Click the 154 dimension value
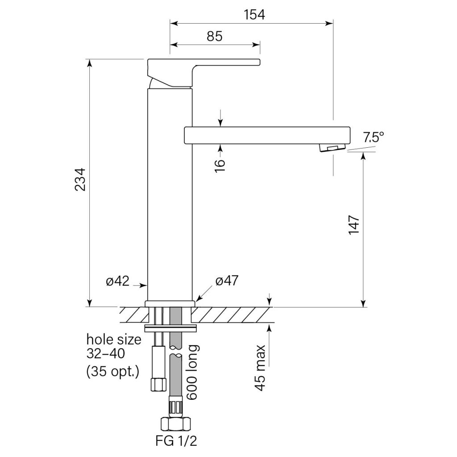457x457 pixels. click(x=254, y=14)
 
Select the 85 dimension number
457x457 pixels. click(x=215, y=36)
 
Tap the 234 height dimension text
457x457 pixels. click(x=79, y=180)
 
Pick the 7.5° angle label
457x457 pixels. click(x=373, y=137)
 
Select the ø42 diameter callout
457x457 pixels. click(x=117, y=281)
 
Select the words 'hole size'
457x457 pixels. click(x=114, y=339)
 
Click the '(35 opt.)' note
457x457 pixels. click(x=113, y=370)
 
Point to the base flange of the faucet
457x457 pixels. click(x=170, y=303)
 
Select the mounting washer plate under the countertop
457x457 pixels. click(x=170, y=328)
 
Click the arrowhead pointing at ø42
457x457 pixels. click(x=144, y=284)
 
